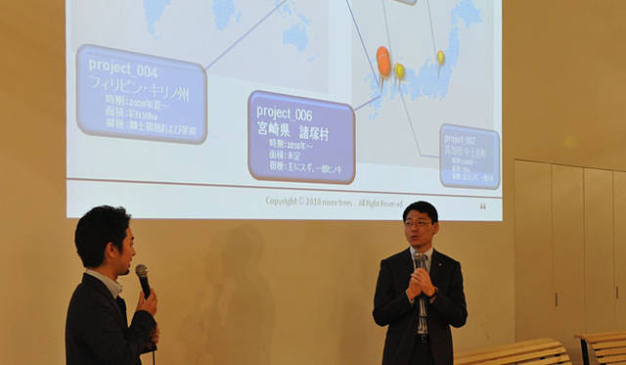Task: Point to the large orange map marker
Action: (383, 61)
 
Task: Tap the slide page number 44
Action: (482, 206)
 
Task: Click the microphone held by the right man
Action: (420, 262)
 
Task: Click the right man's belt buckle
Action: (423, 339)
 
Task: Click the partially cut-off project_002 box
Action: (469, 155)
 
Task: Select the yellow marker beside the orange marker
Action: (399, 70)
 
